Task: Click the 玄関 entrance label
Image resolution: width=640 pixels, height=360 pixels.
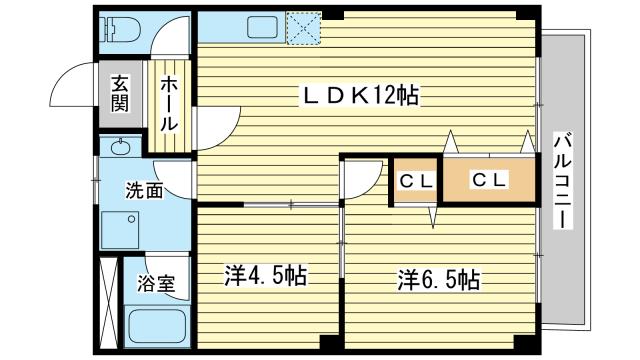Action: [120, 93]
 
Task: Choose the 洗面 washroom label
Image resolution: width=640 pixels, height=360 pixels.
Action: [145, 190]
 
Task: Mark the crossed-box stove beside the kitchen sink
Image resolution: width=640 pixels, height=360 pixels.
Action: [303, 27]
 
